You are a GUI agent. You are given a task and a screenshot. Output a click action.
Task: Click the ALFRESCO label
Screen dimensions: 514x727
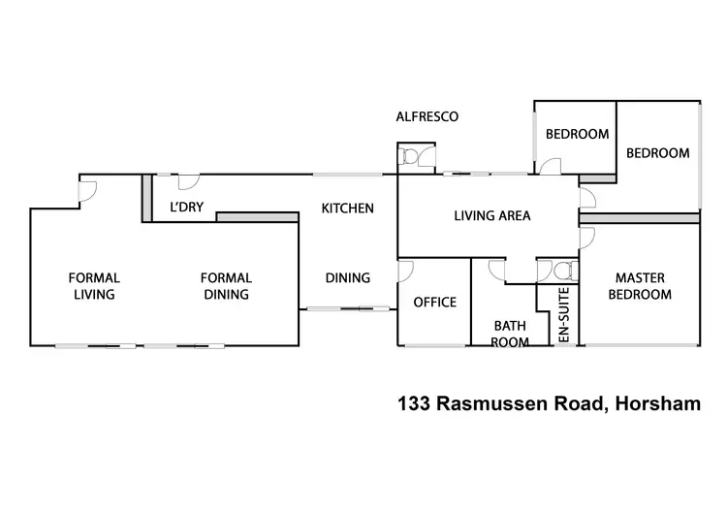[427, 116]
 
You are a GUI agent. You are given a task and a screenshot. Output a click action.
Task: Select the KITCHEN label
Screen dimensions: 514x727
[347, 208]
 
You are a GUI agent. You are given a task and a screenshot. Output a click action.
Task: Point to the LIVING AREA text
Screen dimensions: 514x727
[492, 215]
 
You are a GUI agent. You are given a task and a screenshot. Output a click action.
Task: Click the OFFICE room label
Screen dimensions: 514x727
[434, 303]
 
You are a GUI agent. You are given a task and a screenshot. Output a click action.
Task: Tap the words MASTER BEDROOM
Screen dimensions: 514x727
[640, 286]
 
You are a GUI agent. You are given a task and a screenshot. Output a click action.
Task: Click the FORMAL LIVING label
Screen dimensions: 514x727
[93, 286]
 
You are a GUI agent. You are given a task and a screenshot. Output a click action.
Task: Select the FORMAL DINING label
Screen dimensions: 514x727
[225, 286]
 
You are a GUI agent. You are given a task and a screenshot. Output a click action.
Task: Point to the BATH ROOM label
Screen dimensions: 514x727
[510, 334]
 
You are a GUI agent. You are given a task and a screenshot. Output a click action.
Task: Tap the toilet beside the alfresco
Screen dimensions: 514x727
[410, 156]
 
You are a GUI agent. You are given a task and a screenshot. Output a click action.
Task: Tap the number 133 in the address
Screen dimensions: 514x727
[415, 402]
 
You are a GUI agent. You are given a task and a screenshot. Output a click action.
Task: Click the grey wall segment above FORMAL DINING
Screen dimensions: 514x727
[257, 217]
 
